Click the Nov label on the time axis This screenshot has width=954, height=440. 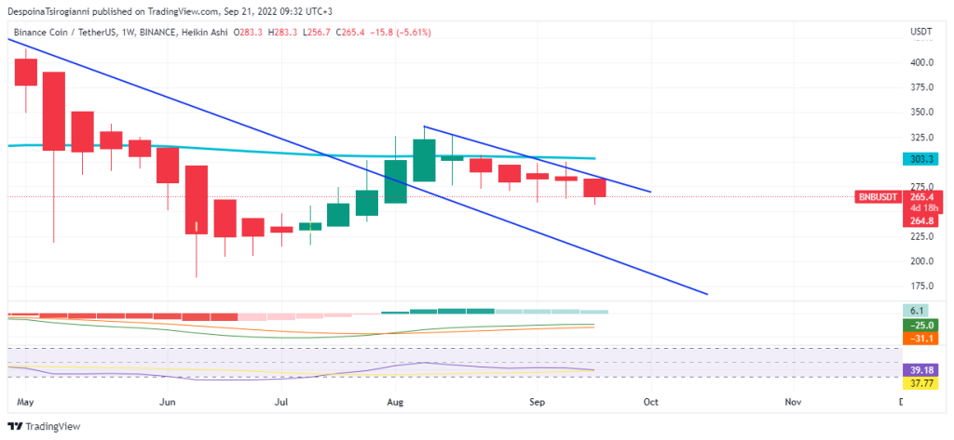(793, 403)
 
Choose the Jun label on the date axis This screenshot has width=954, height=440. (168, 403)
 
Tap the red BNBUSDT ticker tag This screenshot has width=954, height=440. (877, 197)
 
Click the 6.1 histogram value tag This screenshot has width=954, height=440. (917, 311)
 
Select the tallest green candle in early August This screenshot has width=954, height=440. (425, 160)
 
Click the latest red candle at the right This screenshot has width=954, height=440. (594, 187)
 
